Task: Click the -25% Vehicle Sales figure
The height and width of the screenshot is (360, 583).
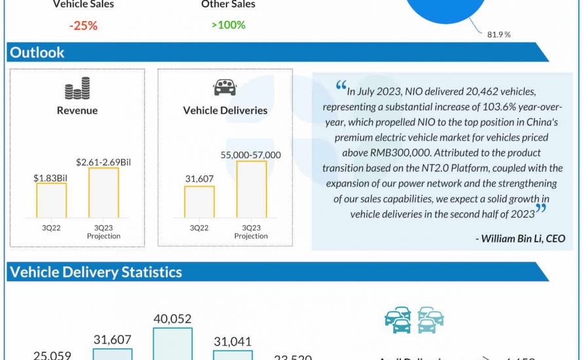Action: click(x=83, y=25)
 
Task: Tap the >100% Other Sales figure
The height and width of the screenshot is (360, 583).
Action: click(x=228, y=25)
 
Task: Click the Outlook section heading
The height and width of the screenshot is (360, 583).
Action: click(x=37, y=52)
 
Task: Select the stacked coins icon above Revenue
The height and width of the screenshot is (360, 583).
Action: click(x=77, y=88)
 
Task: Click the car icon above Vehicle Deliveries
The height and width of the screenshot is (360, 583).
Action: click(x=225, y=88)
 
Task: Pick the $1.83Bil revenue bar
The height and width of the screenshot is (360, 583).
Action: click(x=51, y=200)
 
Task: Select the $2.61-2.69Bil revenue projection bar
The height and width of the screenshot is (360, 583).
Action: click(x=103, y=192)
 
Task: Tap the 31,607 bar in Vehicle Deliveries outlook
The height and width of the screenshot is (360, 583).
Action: click(x=199, y=202)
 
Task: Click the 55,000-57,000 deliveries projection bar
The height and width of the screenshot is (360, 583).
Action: click(x=252, y=189)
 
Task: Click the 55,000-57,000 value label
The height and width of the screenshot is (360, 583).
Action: click(x=252, y=154)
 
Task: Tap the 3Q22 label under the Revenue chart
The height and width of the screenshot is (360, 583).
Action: click(x=51, y=228)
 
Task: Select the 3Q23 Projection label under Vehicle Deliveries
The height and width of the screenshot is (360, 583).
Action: click(x=252, y=232)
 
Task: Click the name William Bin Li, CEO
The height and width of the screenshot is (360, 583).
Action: click(x=520, y=238)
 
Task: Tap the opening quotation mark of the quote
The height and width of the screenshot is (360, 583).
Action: click(x=341, y=86)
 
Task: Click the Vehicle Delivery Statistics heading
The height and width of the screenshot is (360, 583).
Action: click(x=96, y=272)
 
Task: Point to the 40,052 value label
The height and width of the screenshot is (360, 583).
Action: click(x=172, y=319)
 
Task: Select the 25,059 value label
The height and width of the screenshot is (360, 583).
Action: click(x=53, y=355)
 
